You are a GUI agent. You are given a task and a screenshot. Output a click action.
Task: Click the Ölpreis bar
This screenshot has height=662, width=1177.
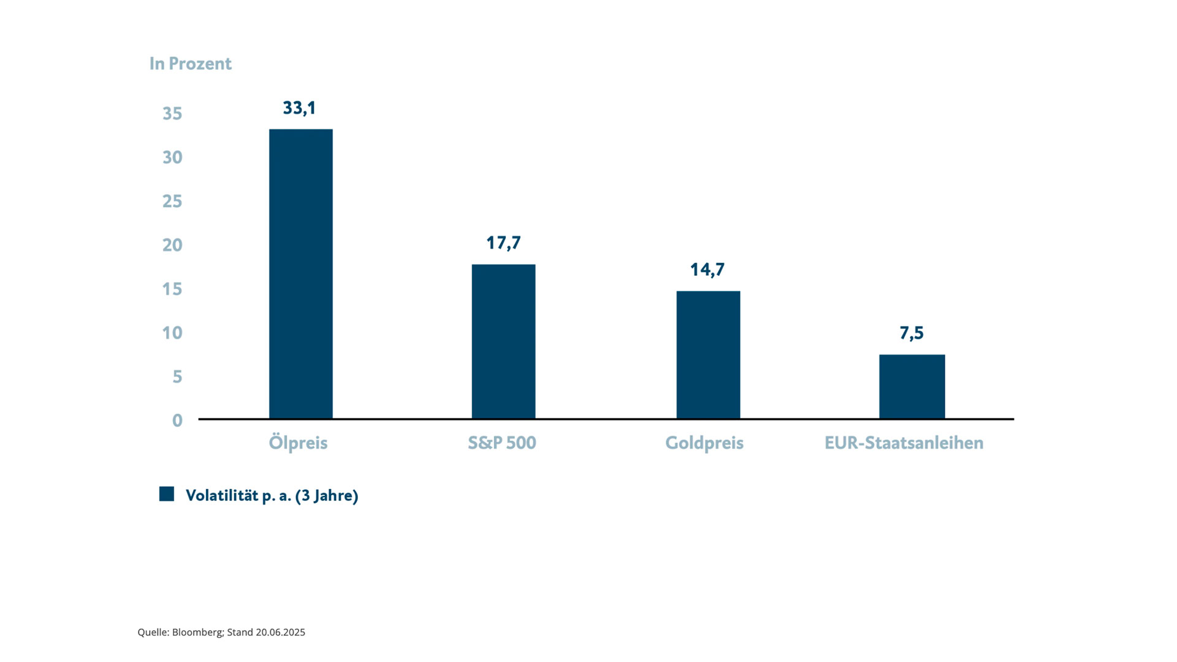[x=300, y=274]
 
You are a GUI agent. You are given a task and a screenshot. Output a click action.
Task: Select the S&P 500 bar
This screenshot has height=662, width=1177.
[x=503, y=341]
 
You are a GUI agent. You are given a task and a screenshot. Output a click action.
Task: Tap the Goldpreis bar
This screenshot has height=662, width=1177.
[x=708, y=355]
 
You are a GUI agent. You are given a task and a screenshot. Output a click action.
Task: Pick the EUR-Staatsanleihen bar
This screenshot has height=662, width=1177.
[x=912, y=387]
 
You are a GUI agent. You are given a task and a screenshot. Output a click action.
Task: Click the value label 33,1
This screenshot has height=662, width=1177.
[x=299, y=108]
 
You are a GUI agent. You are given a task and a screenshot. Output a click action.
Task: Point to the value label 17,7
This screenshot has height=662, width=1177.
[x=503, y=243]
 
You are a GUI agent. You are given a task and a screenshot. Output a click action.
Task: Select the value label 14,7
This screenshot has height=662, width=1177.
[x=707, y=270]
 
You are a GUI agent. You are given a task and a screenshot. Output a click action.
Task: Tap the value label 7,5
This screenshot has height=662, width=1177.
[x=912, y=333]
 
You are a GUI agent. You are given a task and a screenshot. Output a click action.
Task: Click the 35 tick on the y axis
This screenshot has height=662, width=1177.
[x=172, y=113]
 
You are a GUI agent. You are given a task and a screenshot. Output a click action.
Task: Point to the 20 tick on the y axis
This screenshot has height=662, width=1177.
[x=172, y=245]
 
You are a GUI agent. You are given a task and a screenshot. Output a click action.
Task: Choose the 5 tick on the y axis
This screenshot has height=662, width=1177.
[x=177, y=376]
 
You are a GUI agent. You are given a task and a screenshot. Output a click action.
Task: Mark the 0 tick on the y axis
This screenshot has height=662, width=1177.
[x=177, y=420]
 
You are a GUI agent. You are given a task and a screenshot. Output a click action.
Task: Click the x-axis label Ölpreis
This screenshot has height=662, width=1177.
[x=298, y=443]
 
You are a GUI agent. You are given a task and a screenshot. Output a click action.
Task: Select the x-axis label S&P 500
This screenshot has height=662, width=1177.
[x=502, y=443]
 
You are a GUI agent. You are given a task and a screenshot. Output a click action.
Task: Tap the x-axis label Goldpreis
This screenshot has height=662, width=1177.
[x=704, y=443]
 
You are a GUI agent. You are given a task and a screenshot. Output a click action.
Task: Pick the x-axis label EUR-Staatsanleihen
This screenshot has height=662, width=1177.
[x=904, y=443]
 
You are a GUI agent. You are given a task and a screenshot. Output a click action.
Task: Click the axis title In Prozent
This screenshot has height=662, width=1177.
[x=191, y=64]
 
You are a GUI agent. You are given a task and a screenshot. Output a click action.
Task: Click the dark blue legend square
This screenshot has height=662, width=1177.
[x=167, y=494]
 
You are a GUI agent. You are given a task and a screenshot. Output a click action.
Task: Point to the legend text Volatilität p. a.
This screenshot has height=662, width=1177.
[x=238, y=495]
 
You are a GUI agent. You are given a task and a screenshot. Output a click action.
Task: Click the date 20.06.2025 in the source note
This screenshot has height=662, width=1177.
[x=280, y=632]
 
